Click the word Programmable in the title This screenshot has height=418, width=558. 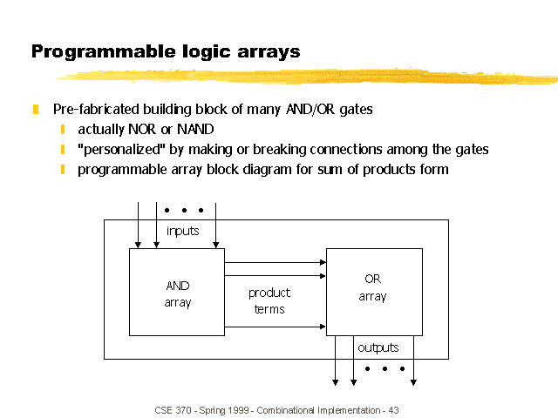point(103,52)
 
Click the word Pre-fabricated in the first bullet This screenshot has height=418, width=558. point(96,109)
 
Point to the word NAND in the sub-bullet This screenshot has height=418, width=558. point(195,130)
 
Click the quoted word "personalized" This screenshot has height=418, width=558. point(122,149)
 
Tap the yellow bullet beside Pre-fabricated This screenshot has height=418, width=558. point(36,109)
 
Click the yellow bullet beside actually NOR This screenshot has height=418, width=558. point(63,130)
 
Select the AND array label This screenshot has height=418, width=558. point(178,294)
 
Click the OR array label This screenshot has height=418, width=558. point(372,287)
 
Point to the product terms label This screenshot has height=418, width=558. point(269,300)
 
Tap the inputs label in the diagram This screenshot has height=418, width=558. point(182,232)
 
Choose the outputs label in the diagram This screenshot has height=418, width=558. point(378,347)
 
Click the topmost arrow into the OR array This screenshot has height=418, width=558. point(276,263)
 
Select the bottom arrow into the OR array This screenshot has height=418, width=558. point(276,327)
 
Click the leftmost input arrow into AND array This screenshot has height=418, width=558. point(138,226)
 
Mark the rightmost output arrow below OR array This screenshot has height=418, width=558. point(413,361)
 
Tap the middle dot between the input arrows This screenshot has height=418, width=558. point(184,211)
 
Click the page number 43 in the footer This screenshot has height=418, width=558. point(393,410)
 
